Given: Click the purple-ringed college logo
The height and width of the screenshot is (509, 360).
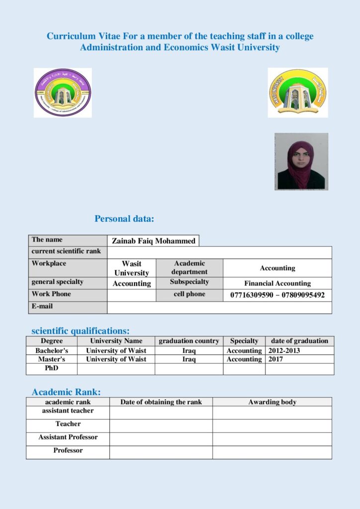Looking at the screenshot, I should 63,93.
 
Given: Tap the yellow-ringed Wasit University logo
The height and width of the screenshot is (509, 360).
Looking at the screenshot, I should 297,92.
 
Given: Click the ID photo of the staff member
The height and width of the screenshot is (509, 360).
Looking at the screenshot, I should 301,162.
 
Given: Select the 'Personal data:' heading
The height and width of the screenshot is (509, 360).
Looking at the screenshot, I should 124,219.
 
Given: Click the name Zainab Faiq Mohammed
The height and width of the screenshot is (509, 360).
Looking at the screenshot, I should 153,241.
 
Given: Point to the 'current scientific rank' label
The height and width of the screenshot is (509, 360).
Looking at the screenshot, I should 66,252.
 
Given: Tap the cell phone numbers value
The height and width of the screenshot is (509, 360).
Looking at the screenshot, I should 277,295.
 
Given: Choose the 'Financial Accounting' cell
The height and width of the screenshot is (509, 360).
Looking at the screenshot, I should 277,283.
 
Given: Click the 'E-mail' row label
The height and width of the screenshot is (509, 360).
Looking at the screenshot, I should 42,307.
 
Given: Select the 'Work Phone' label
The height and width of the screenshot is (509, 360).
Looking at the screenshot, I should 51,294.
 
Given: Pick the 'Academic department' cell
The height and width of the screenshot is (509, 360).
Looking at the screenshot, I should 189,267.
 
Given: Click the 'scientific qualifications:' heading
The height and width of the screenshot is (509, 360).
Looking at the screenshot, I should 81,331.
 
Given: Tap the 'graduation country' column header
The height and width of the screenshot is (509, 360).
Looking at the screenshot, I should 188,341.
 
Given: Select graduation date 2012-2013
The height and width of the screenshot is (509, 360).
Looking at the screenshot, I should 284,350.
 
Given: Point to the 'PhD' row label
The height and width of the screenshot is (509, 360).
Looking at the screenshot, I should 52,368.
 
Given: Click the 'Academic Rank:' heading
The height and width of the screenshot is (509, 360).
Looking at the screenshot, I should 66,392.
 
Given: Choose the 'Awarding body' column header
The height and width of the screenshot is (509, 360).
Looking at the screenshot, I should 272,402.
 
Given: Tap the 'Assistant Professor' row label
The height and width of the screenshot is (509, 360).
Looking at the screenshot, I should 68,437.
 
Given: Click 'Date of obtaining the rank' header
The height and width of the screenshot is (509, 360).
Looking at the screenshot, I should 161,402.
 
